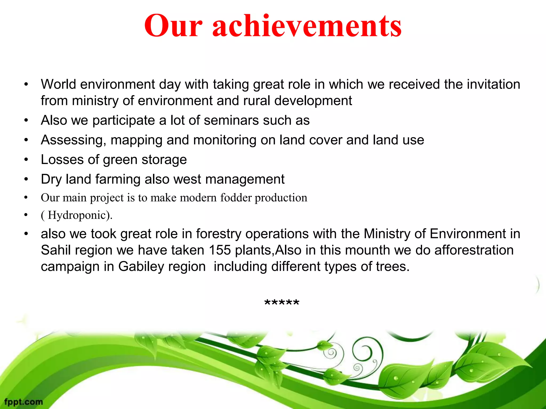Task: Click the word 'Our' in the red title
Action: pos(173,26)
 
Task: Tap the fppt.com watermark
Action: pos(23,402)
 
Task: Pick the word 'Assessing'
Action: pos(72,140)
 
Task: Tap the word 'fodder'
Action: pos(236,198)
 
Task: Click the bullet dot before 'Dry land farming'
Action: pos(26,179)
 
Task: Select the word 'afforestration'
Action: pos(474,250)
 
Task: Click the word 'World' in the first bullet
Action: pos(58,84)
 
